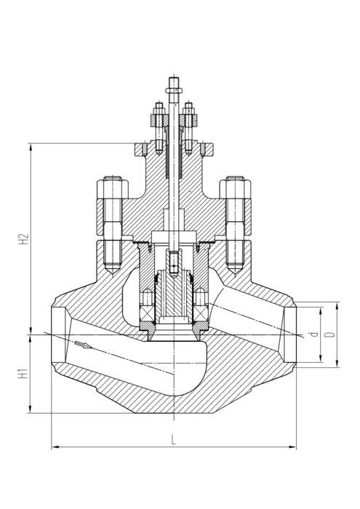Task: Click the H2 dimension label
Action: [x=24, y=239]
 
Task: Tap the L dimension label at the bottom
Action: [x=174, y=440]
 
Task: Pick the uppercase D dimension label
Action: [x=330, y=334]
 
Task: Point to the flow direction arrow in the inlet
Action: [x=83, y=345]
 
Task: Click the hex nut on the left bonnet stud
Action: [x=113, y=188]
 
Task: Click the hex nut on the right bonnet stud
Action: [x=235, y=188]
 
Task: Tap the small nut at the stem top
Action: [x=173, y=90]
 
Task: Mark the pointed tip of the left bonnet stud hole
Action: [x=113, y=273]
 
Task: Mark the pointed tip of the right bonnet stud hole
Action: [x=235, y=273]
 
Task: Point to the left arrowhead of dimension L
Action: [x=52, y=447]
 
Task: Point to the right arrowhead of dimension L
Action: [x=295, y=447]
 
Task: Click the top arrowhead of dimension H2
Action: [x=31, y=144]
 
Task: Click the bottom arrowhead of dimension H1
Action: [x=31, y=412]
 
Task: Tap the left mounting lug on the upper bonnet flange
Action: [x=141, y=149]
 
